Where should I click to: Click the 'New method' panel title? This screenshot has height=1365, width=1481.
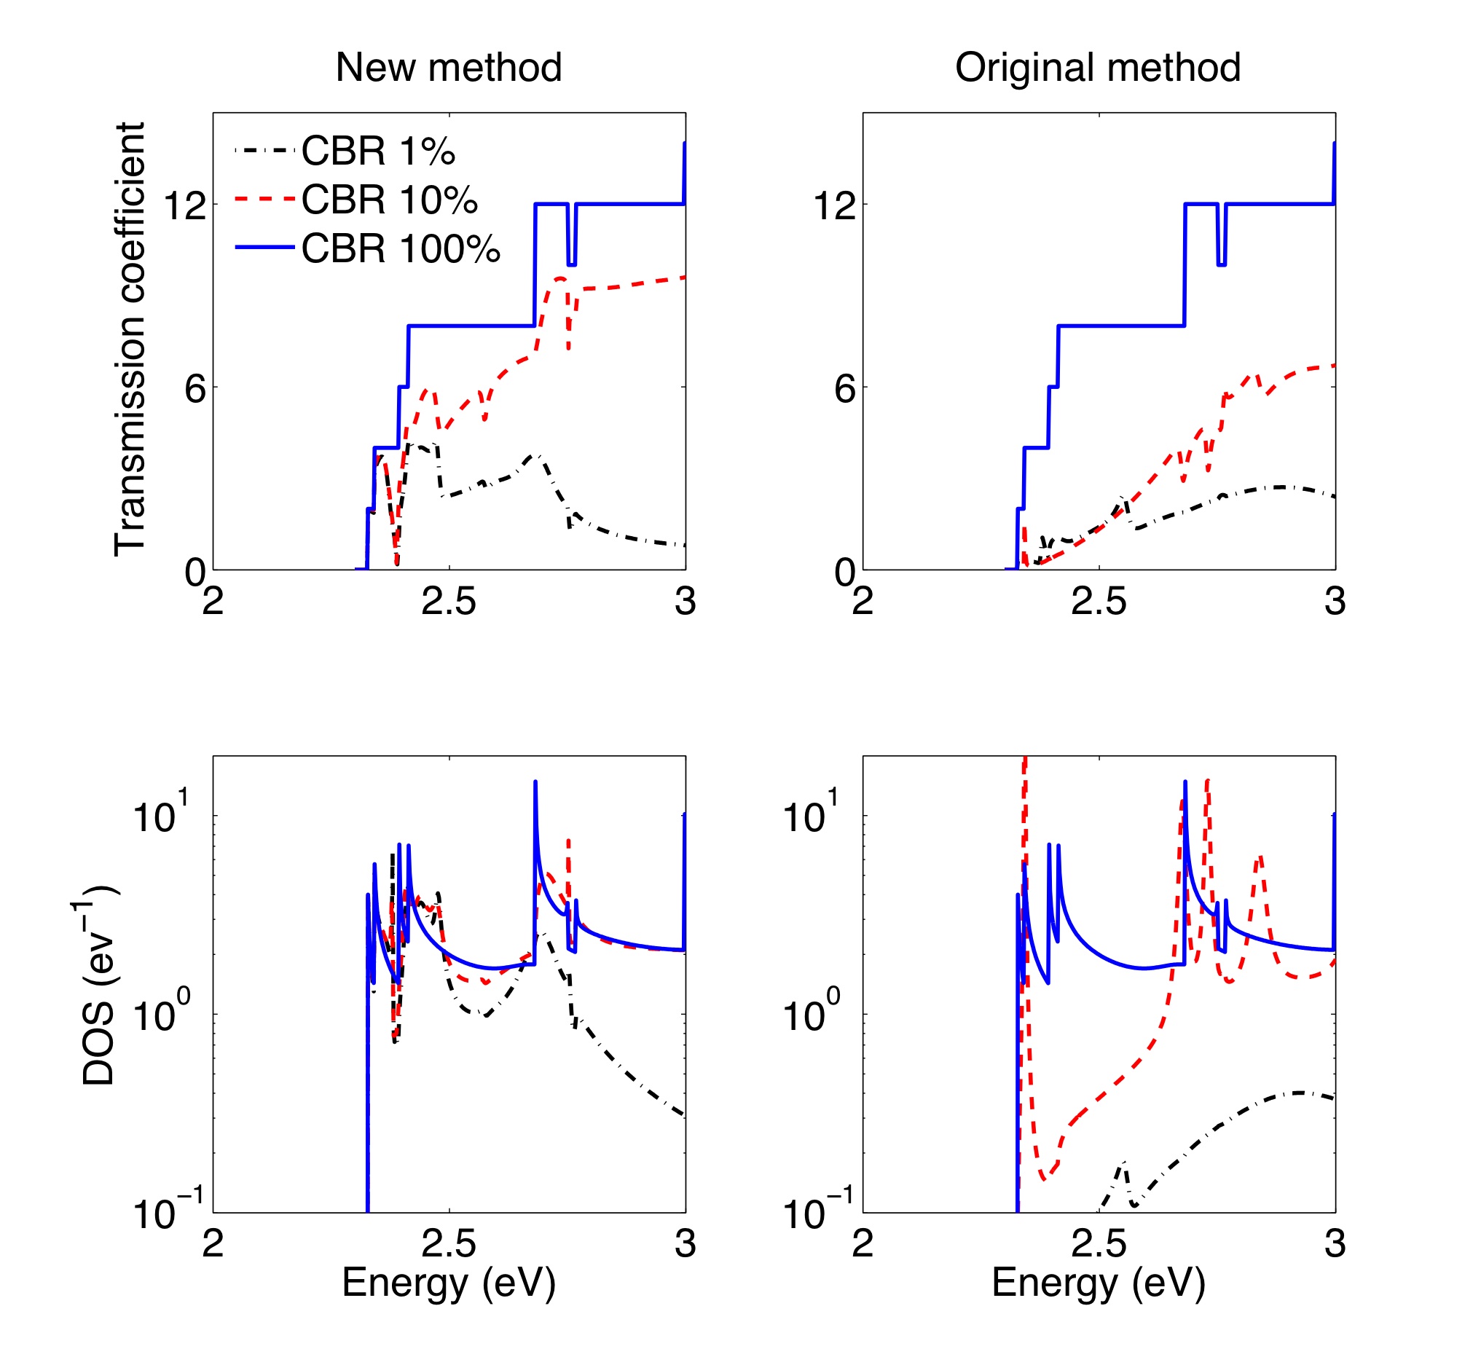coord(448,67)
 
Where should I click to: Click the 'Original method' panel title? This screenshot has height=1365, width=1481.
coord(1098,67)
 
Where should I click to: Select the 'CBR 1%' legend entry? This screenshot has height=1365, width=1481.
coord(377,152)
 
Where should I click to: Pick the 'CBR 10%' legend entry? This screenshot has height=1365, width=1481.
coord(389,200)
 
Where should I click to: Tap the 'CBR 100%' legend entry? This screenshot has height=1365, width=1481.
coord(401,249)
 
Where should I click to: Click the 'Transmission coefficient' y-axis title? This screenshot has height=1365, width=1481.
coord(130,339)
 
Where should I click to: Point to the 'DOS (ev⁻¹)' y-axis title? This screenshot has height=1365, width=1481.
coord(98,984)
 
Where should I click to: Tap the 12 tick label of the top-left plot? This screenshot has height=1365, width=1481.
coord(184,205)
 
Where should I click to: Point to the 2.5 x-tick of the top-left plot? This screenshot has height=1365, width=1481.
coord(448,602)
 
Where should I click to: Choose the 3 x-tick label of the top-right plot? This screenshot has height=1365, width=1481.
coord(1334,602)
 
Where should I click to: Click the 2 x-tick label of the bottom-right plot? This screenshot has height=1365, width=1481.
coord(863,1245)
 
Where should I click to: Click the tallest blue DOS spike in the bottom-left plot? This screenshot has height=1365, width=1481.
coord(535,783)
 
